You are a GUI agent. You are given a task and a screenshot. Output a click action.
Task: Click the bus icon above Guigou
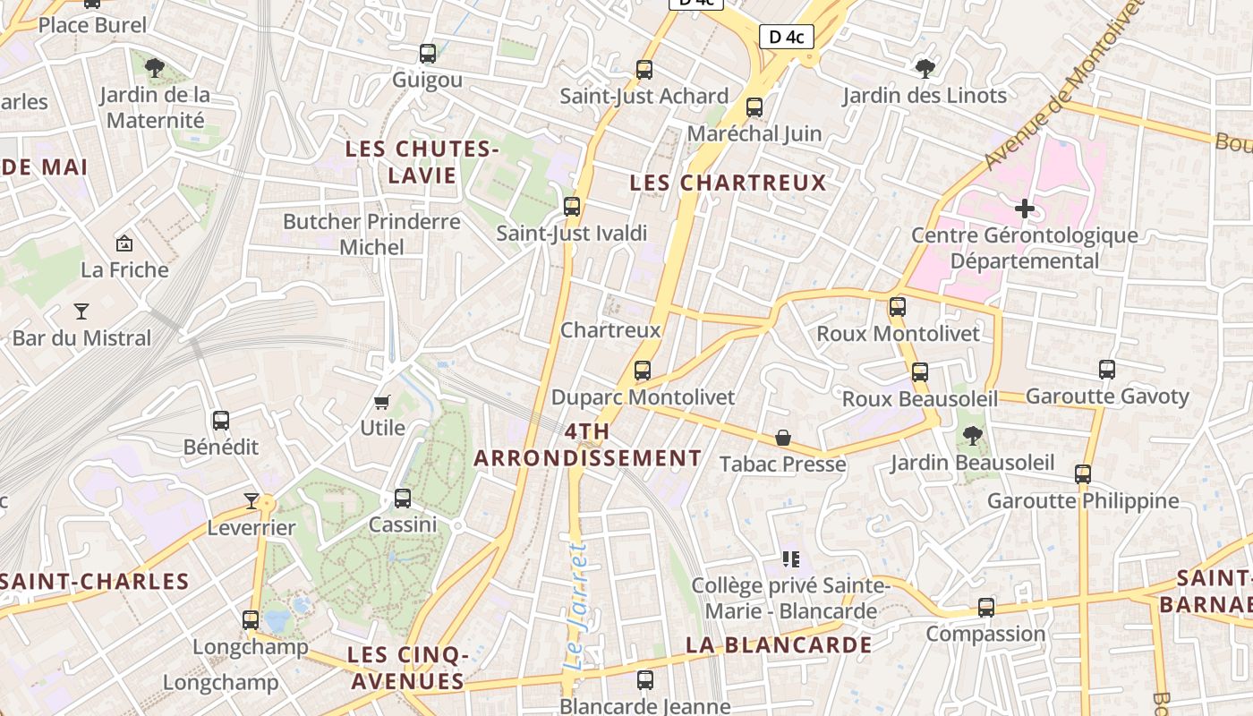(x=428, y=54)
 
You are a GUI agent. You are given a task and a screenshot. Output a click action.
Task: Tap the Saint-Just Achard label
(x=644, y=96)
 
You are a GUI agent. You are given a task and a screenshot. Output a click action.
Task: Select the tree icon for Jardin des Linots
(x=925, y=68)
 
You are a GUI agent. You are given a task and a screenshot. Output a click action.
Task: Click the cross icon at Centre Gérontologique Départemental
(x=1025, y=209)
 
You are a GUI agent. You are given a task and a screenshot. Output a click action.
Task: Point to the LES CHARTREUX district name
(x=728, y=183)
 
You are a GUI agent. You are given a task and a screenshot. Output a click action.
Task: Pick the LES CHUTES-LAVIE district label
(x=422, y=162)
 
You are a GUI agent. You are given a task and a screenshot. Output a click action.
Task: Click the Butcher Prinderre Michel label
(x=371, y=234)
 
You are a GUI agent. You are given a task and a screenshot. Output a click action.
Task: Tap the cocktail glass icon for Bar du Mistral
(x=81, y=311)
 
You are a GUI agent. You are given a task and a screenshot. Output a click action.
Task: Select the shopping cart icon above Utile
(x=382, y=402)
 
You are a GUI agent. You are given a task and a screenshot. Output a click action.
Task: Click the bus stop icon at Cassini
(x=403, y=499)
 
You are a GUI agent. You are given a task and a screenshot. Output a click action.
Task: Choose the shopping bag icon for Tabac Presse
(x=783, y=438)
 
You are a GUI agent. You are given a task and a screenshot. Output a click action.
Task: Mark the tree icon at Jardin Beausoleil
(x=972, y=437)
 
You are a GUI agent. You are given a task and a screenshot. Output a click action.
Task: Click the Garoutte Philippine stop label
(x=1083, y=500)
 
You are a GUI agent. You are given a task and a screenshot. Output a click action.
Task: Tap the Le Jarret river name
(x=576, y=605)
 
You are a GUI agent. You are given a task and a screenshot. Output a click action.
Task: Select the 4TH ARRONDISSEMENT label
(x=587, y=445)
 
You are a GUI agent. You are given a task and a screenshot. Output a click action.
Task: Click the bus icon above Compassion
(x=985, y=608)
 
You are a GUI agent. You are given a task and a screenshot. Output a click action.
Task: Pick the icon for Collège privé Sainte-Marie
(x=790, y=559)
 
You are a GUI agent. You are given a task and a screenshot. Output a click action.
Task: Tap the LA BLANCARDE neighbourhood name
(x=779, y=644)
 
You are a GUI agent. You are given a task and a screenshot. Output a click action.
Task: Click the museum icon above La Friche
(x=124, y=243)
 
